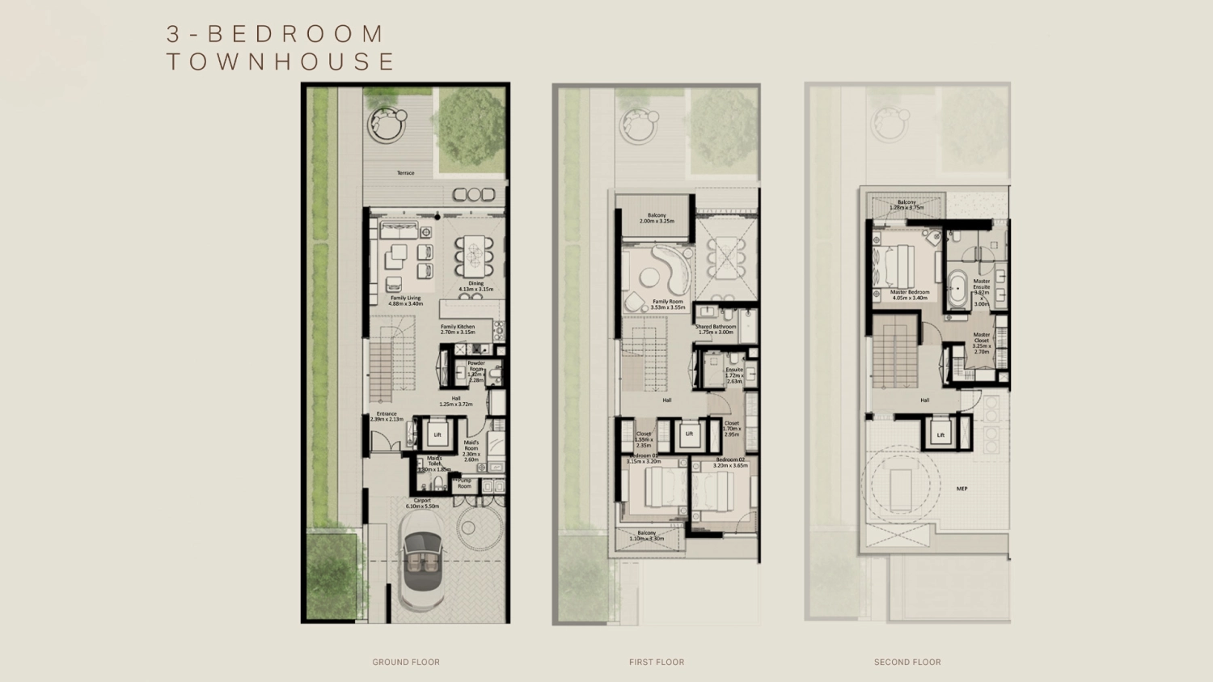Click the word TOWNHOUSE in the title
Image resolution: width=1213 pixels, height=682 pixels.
coord(281,61)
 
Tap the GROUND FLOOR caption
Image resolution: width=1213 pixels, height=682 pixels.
coord(406,662)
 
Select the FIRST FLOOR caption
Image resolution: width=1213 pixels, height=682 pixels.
coord(657,662)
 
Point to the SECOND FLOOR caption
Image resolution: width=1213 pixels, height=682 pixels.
coord(907,662)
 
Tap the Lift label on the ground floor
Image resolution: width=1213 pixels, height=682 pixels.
coord(437,434)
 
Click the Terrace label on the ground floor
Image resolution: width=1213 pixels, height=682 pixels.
coord(405,173)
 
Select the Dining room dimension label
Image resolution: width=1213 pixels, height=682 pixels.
coord(475,286)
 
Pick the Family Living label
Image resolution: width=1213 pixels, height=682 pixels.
coord(405,300)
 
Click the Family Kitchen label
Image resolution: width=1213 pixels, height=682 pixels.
coord(458,329)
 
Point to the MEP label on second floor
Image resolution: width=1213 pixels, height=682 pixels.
coord(962,489)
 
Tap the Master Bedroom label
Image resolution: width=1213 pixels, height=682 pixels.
coord(910,294)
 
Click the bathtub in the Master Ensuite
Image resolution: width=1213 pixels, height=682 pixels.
coord(957,290)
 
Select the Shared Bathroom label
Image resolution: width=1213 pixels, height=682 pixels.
coord(716,329)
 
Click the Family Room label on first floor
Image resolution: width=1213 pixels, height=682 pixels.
coord(667,304)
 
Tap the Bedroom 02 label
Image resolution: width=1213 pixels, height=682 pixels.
coord(730,462)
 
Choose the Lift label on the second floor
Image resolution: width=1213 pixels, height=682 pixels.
coord(940,434)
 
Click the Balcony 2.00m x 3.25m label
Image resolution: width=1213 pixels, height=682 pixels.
coord(657,218)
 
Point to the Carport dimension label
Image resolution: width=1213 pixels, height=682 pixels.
coord(422,503)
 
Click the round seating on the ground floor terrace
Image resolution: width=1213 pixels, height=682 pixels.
coord(387,125)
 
